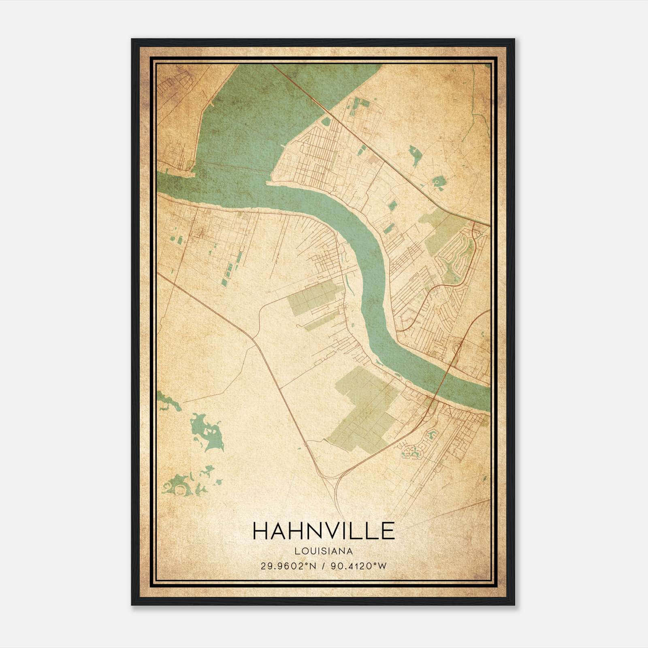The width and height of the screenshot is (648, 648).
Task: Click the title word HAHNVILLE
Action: pyautogui.click(x=324, y=531)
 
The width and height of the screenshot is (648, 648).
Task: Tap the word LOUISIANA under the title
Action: pyautogui.click(x=324, y=551)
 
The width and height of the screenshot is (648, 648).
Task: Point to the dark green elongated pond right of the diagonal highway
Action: pyautogui.click(x=415, y=156)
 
